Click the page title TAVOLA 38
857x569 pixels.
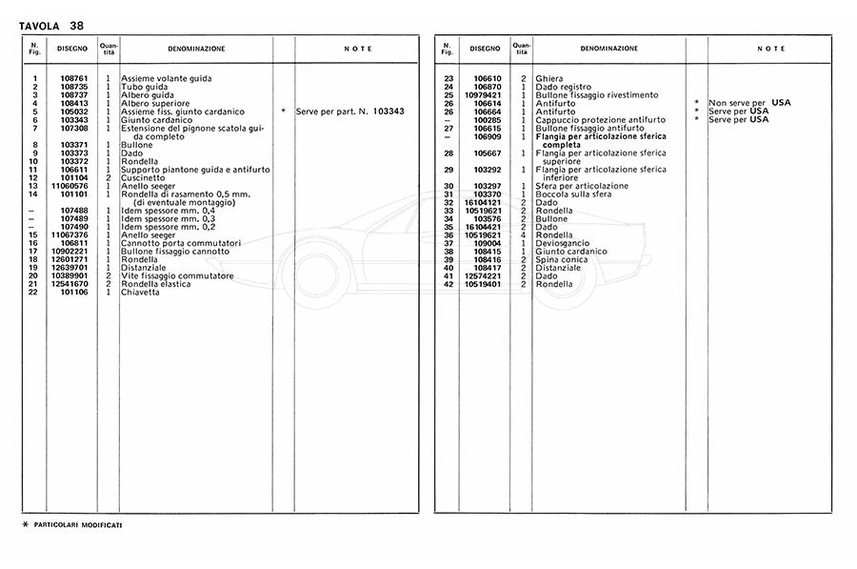51,25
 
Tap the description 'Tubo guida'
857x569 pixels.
144,87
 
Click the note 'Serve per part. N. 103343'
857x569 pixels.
349,112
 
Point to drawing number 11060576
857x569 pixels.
70,186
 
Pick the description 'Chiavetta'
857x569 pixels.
142,293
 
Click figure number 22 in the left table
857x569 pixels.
33,293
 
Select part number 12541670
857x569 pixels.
70,284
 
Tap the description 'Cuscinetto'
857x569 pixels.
145,177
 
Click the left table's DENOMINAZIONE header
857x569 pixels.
196,48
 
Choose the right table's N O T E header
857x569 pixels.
771,48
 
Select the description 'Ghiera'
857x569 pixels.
550,78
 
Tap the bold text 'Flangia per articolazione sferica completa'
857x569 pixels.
600,140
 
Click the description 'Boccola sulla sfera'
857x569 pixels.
575,193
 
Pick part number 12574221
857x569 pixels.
485,275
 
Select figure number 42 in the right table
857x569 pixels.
448,284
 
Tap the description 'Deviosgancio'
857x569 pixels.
563,243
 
